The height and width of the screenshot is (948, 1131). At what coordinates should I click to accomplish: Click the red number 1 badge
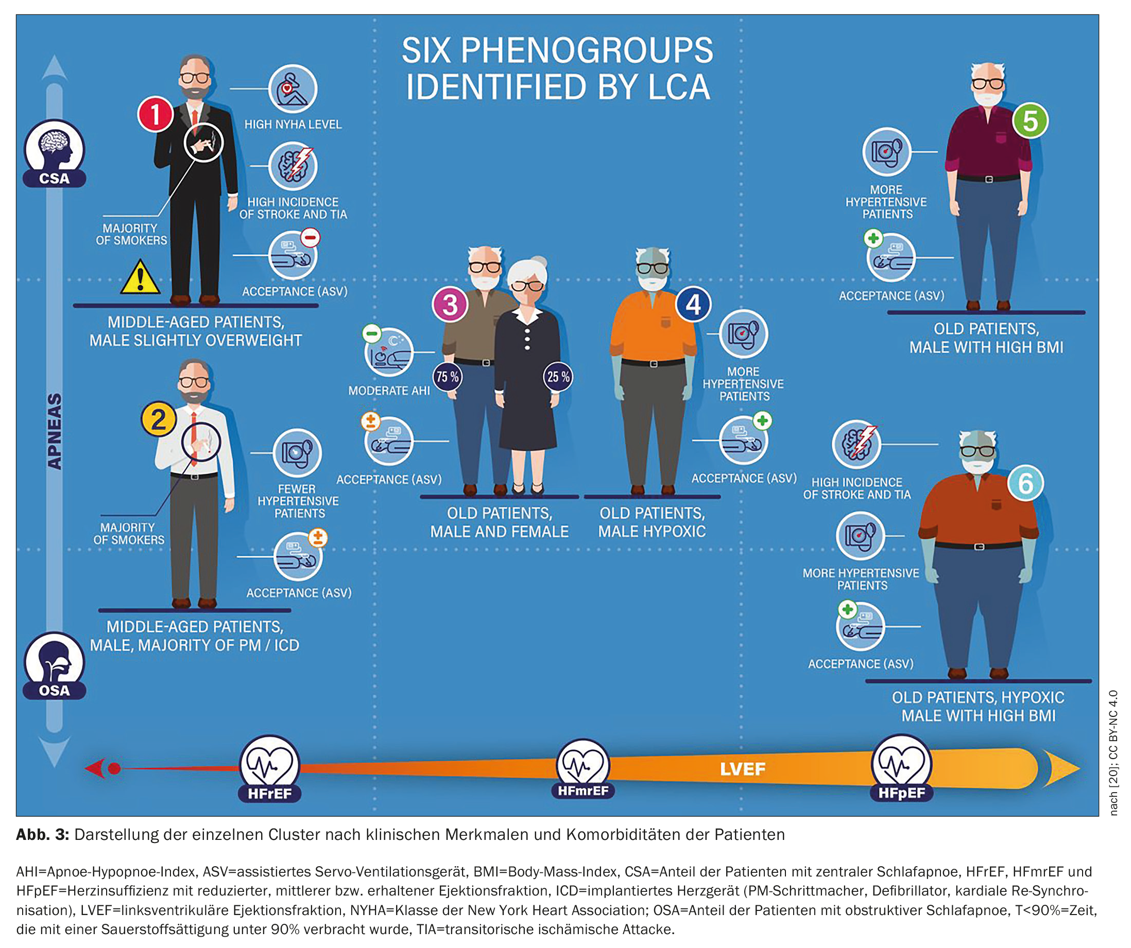[x=155, y=114]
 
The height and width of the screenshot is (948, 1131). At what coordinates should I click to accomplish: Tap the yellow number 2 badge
[x=158, y=419]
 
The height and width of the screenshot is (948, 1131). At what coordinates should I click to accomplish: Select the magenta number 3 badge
[x=450, y=305]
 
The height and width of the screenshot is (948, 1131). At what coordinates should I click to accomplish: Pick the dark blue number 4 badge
[x=693, y=304]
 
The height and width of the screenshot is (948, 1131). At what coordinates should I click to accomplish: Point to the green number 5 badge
[x=1030, y=121]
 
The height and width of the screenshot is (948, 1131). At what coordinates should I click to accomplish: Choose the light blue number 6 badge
[x=1025, y=483]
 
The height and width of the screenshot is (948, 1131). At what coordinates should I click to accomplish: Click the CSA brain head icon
[x=54, y=148]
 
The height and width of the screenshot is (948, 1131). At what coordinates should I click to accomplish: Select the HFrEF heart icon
[x=269, y=764]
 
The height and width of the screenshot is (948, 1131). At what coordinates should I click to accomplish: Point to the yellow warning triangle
[x=140, y=278]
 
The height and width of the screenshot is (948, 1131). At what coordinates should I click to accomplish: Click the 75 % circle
[x=448, y=377]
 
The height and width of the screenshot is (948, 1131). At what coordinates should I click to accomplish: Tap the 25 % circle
[x=558, y=377]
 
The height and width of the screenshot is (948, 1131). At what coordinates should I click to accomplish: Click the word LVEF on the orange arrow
[x=743, y=769]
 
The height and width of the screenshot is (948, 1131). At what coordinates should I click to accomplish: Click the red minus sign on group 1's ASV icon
[x=310, y=237]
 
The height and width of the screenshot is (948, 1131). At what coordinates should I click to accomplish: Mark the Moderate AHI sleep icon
[x=389, y=353]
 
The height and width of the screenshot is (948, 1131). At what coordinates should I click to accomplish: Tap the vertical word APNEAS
[x=55, y=431]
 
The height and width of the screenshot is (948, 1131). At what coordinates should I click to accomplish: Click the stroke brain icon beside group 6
[x=856, y=445]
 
